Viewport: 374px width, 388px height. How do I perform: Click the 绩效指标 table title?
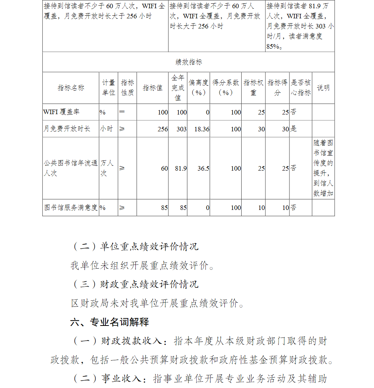pos(189,62)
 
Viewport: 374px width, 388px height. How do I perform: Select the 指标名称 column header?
pos(71,88)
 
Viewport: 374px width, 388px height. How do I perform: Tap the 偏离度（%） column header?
pos(198,88)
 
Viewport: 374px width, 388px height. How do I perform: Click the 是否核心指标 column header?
pos(301,88)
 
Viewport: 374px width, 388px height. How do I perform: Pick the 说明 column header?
pos(323,88)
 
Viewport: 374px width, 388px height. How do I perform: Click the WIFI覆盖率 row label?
pos(61,112)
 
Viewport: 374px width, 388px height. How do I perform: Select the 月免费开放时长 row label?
pos(67,129)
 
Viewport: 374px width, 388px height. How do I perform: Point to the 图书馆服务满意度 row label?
pos(71,208)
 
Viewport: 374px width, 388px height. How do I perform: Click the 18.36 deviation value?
pos(202,129)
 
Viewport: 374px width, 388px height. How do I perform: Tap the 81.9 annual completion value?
pos(181,168)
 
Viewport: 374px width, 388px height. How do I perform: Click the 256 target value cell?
pos(163,129)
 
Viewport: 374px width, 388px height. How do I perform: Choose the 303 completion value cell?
pos(181,129)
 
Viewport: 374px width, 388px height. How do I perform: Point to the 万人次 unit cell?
pos(107,168)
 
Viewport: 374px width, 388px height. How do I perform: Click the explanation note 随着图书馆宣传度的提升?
pos(323,168)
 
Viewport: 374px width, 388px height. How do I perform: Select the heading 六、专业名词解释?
pos(110,322)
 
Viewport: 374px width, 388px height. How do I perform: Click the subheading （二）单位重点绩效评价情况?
pos(135,247)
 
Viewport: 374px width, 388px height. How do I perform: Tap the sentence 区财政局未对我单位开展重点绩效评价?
pos(157,303)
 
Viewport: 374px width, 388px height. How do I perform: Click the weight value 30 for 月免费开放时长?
pos(261,129)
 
